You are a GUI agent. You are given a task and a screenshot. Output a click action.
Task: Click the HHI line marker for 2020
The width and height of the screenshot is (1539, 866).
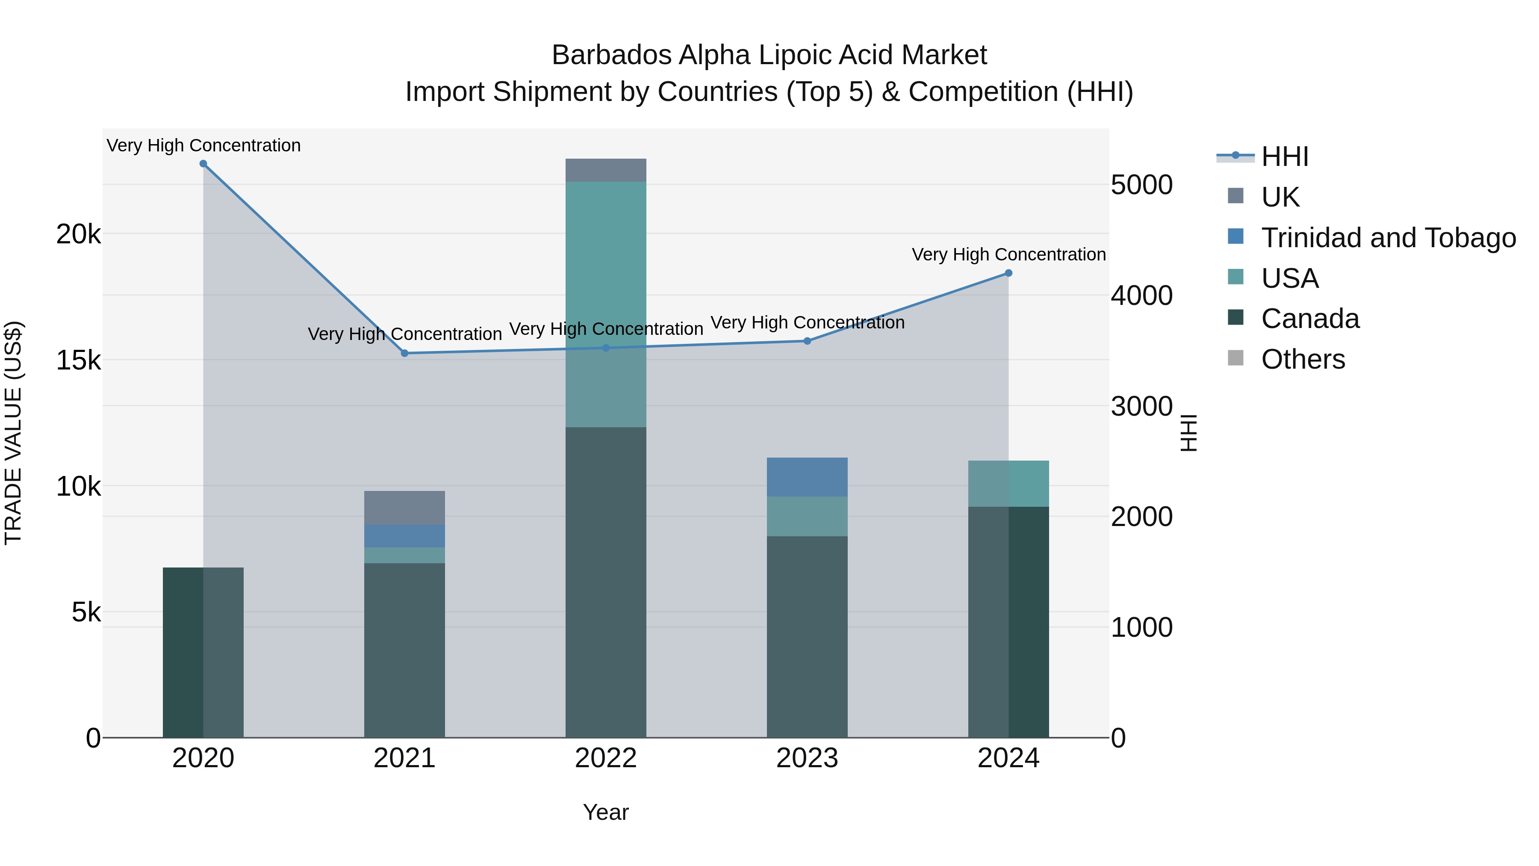pos(203,164)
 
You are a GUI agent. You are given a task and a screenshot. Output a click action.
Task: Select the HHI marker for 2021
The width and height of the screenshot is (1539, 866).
pos(404,353)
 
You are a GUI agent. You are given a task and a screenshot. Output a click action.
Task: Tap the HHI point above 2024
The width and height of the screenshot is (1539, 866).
pos(1008,273)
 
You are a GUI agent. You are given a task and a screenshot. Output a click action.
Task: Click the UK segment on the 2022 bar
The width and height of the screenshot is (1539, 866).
pos(606,170)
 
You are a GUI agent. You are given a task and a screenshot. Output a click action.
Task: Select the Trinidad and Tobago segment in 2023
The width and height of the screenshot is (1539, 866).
pos(807,477)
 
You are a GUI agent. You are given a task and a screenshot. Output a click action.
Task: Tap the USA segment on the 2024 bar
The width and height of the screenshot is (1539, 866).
pos(1008,484)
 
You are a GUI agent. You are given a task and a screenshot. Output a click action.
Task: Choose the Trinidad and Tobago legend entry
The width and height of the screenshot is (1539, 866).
pos(1388,238)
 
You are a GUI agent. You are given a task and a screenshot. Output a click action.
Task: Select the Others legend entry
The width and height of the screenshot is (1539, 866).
pos(1303,359)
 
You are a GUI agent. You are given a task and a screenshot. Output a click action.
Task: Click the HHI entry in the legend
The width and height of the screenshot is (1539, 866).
pos(1285,157)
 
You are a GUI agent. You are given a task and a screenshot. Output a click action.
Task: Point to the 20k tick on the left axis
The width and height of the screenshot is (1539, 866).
pos(78,234)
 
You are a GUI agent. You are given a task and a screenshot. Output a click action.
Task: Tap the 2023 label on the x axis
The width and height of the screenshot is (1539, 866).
pos(807,758)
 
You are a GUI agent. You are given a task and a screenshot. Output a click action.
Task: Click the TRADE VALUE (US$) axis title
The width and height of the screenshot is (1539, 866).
pos(13,433)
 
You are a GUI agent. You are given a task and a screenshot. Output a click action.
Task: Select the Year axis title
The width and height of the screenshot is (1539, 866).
pos(606,812)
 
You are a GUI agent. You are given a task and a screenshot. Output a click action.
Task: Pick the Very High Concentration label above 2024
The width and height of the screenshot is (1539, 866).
pos(1008,254)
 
